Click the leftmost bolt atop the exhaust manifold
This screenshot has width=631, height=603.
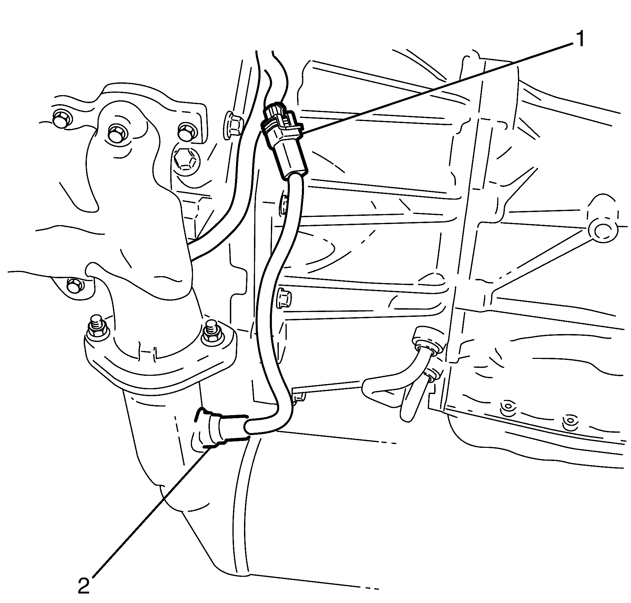click(62, 119)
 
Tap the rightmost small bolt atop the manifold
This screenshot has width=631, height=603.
click(186, 131)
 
